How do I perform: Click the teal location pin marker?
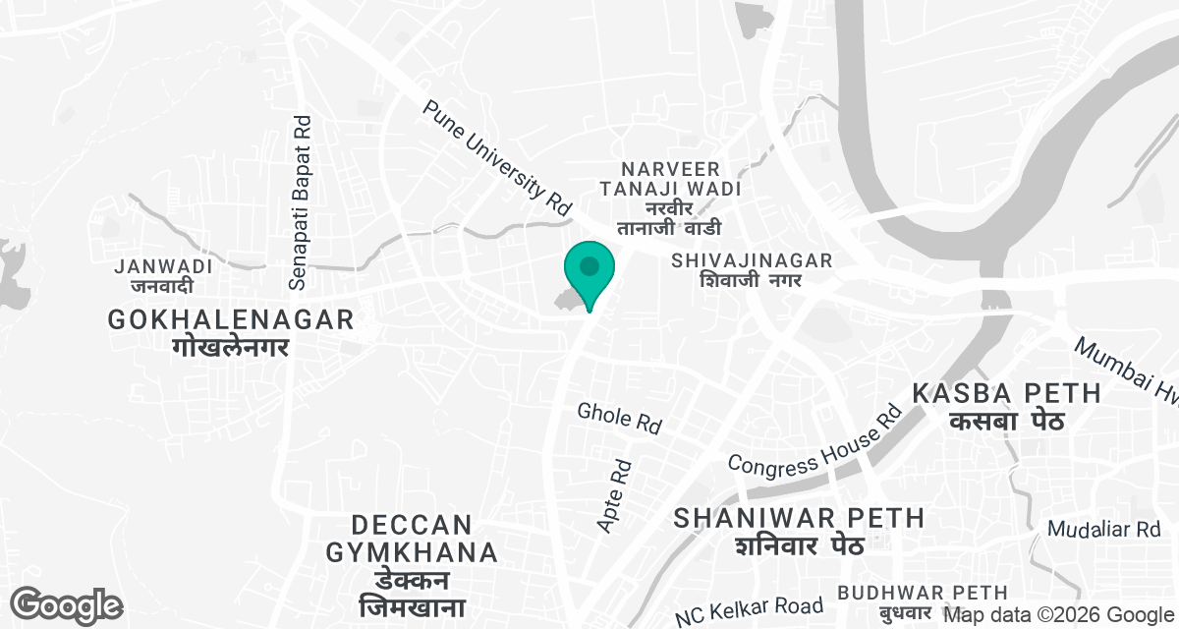[589, 269]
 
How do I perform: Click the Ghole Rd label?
[619, 418]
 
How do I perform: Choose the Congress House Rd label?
[814, 439]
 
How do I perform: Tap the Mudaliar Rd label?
[1104, 530]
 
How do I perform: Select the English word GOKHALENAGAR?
[231, 319]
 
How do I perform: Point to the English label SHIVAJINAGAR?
[752, 260]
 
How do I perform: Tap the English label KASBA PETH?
[1007, 393]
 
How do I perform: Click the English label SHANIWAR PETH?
[799, 517]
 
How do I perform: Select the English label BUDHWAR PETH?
[923, 593]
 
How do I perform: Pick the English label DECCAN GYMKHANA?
[412, 538]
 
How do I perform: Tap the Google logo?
[67, 605]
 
